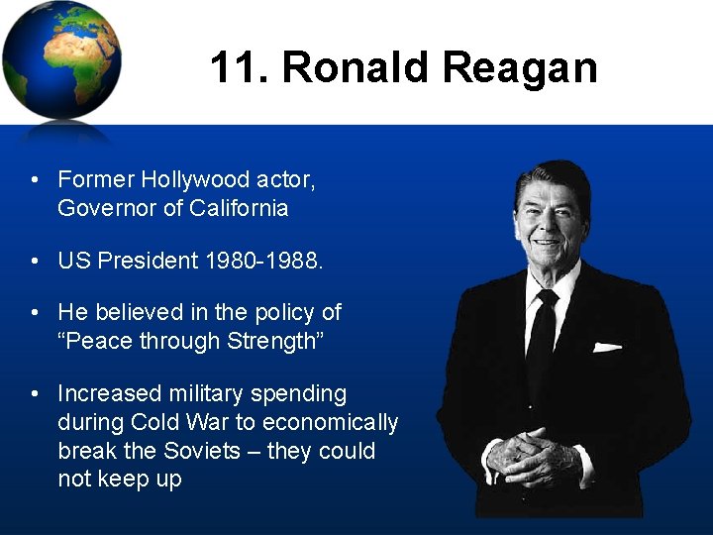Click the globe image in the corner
[61, 61]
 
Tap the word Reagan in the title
[520, 68]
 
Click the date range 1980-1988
[263, 261]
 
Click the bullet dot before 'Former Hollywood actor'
[35, 180]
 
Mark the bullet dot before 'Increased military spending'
[35, 394]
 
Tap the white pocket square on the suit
[606, 347]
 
